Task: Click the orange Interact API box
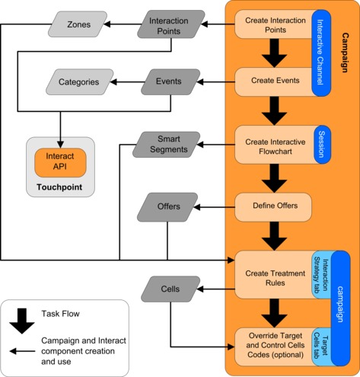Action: (x=59, y=161)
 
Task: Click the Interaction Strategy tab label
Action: (x=320, y=274)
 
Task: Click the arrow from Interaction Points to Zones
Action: (x=117, y=25)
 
